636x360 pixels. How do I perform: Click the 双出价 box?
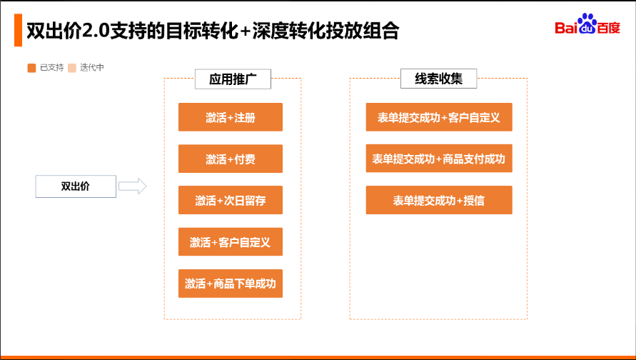tap(76, 186)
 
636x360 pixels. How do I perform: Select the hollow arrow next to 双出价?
tap(132, 186)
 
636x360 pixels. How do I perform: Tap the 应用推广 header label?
tap(233, 79)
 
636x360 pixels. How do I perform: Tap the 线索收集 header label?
tap(438, 79)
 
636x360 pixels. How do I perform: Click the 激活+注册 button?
tap(230, 117)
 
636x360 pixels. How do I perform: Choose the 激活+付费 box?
tap(230, 159)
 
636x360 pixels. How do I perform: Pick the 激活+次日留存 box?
tap(230, 200)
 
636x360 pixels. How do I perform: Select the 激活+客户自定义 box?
tap(230, 242)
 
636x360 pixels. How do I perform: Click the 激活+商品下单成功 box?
tap(230, 284)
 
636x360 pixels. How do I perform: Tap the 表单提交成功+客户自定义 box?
tap(439, 117)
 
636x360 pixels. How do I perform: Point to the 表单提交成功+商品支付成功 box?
tap(439, 159)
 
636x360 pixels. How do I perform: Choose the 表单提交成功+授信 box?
tap(439, 200)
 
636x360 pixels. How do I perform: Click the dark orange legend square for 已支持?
tap(31, 68)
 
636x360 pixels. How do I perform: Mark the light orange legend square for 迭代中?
tap(72, 68)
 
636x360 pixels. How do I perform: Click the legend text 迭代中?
tap(92, 68)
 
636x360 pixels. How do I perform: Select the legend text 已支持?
tap(51, 68)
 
